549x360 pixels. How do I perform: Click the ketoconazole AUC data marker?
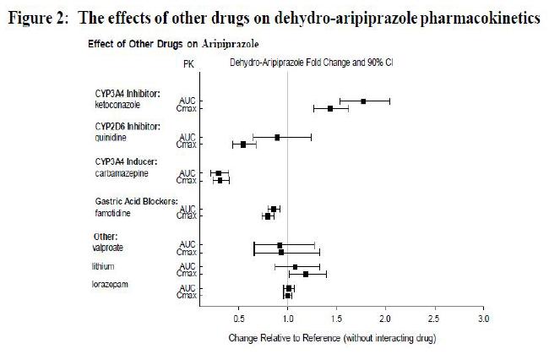(x=363, y=101)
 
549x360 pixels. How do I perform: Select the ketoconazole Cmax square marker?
(x=329, y=108)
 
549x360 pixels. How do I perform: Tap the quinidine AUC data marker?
(x=277, y=136)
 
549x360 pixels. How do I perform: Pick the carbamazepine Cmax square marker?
(x=220, y=180)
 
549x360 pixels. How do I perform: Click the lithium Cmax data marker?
(x=306, y=274)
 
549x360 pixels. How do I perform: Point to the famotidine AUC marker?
(x=273, y=208)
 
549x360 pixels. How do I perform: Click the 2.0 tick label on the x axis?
(x=385, y=320)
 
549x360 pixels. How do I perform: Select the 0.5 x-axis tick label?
(x=239, y=320)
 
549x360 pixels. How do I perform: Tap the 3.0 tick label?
(x=483, y=320)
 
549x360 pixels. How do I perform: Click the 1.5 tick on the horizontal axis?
(x=337, y=320)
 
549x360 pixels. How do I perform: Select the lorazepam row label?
(x=110, y=284)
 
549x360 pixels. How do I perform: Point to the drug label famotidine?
(x=112, y=213)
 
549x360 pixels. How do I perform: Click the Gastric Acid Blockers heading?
(x=136, y=201)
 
